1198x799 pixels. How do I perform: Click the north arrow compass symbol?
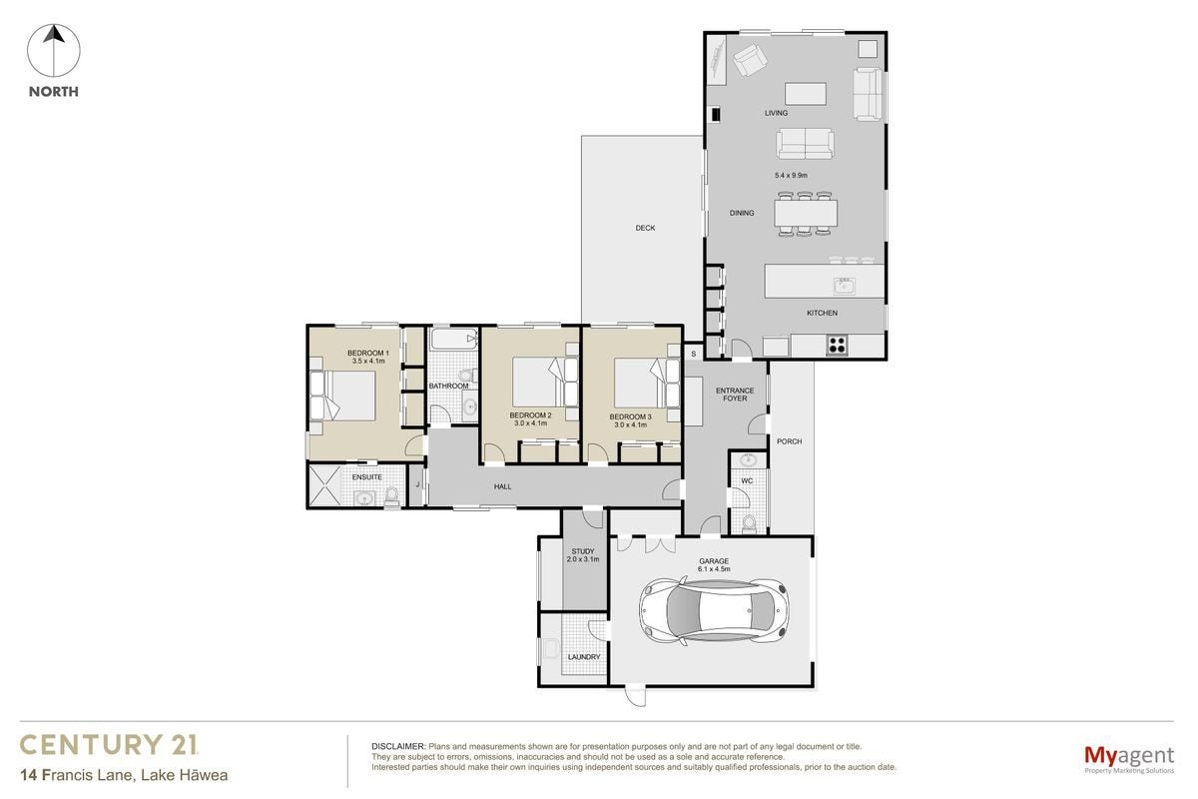pos(54,51)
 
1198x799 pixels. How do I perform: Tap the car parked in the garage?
pos(715,610)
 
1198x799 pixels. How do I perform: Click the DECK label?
pos(645,228)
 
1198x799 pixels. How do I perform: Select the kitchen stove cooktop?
pos(837,345)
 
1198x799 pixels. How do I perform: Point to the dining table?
pos(806,214)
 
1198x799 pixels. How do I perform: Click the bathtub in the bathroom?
pos(454,339)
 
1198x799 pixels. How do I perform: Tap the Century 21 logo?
pos(109,744)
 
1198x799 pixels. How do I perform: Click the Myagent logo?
pos(1129,759)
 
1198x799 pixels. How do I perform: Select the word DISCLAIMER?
pos(398,746)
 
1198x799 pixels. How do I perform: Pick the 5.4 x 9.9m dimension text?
pos(791,175)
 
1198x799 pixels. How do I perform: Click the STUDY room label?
pos(583,551)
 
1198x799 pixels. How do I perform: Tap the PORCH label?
pos(789,441)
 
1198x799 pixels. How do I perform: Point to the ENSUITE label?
pos(367,477)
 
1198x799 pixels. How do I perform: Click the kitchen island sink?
pos(844,287)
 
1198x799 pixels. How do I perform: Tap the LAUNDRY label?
pos(584,657)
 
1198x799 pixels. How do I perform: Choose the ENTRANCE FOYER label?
pos(735,395)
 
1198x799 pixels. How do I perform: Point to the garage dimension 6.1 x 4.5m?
pos(714,569)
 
